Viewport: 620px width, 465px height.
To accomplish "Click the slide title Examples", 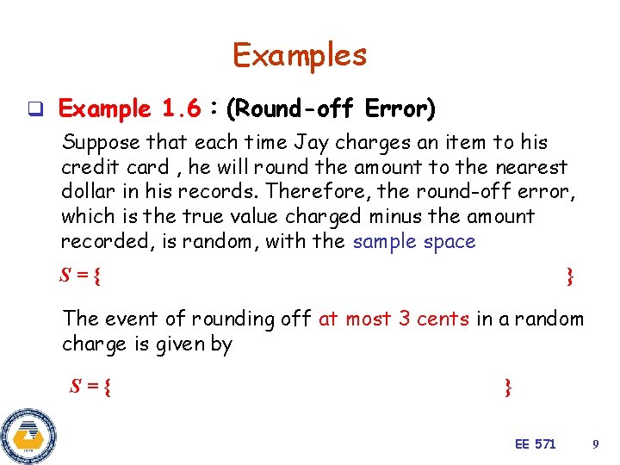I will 300,55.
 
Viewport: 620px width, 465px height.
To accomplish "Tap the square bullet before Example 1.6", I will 35,109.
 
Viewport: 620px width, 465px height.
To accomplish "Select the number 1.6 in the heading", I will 181,109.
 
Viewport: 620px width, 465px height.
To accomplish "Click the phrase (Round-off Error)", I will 330,109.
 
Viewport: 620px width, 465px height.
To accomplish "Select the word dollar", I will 87,191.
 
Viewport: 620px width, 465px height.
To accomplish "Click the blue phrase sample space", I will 414,241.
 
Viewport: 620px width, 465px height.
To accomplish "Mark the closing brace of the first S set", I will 569,276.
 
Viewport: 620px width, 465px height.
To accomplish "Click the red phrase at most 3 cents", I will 394,319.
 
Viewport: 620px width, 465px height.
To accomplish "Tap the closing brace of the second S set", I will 508,387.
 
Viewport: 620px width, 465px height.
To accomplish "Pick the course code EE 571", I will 535,443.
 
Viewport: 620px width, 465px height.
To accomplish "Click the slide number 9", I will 595,443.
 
